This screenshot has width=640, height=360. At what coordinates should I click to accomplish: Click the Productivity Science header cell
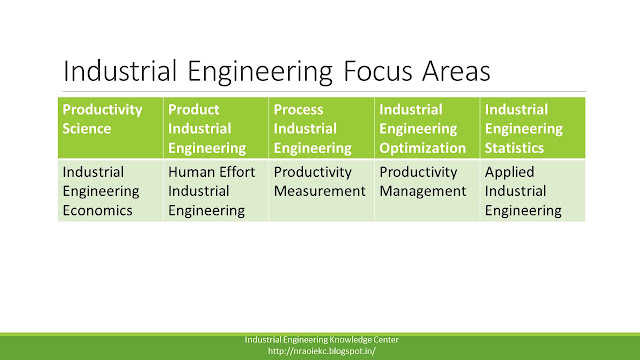pyautogui.click(x=111, y=128)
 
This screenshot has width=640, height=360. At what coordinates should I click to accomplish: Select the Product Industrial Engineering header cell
pyautogui.click(x=216, y=128)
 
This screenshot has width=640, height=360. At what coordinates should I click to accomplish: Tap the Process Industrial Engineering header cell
pyautogui.click(x=322, y=128)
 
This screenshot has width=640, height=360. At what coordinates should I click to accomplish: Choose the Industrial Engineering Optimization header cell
pyautogui.click(x=427, y=128)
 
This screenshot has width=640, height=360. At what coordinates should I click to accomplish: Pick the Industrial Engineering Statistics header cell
pyautogui.click(x=533, y=128)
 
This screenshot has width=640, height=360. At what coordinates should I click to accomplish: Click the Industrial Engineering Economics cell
pyautogui.click(x=111, y=191)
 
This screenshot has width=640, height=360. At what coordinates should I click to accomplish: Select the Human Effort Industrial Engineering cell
pyautogui.click(x=216, y=191)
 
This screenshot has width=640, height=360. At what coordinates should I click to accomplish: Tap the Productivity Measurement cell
pyautogui.click(x=322, y=191)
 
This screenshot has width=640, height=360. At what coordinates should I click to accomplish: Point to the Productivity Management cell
pyautogui.click(x=427, y=191)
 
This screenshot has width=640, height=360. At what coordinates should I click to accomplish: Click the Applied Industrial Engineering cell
pyautogui.click(x=533, y=191)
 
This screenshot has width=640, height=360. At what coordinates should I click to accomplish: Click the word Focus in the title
pyautogui.click(x=378, y=71)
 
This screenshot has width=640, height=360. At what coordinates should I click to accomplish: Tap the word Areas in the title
pyautogui.click(x=456, y=71)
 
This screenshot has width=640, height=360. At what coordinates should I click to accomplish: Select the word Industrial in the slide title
pyautogui.click(x=120, y=71)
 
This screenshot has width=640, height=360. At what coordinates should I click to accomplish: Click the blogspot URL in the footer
pyautogui.click(x=322, y=351)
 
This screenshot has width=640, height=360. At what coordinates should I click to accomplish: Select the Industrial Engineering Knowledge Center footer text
pyautogui.click(x=322, y=340)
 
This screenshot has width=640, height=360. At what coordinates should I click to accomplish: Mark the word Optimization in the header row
pyautogui.click(x=422, y=148)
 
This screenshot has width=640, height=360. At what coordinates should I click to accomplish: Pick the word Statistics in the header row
pyautogui.click(x=514, y=148)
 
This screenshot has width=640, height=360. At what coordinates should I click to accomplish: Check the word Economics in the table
pyautogui.click(x=98, y=211)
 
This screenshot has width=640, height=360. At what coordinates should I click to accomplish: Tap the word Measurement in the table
pyautogui.click(x=320, y=191)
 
